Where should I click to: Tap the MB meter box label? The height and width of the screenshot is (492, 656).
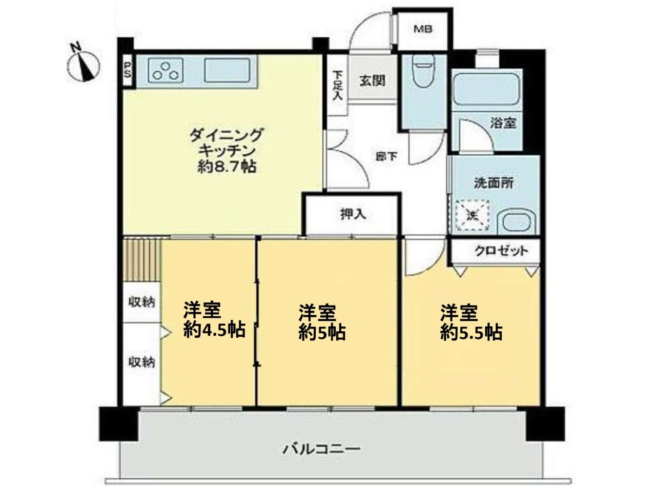[x=423, y=29]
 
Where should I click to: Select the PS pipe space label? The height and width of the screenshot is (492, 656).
[x=128, y=70]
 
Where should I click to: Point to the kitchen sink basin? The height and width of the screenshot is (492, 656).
[x=227, y=70]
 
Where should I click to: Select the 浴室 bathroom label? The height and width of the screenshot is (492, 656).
[x=503, y=123]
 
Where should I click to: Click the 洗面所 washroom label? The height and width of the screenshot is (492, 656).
[x=494, y=183]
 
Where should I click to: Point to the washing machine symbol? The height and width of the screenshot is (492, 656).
[x=472, y=215]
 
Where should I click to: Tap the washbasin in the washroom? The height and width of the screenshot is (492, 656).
[x=517, y=221]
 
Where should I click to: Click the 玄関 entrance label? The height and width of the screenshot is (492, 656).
[x=372, y=80]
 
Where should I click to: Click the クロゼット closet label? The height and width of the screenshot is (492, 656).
[x=501, y=250]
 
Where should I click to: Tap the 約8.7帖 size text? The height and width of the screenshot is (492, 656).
[x=227, y=167]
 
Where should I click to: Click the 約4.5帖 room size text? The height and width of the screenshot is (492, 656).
[x=214, y=330]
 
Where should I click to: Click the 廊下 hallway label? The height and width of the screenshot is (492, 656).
[x=386, y=156]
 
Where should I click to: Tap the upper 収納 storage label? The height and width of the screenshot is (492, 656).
[x=142, y=302]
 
